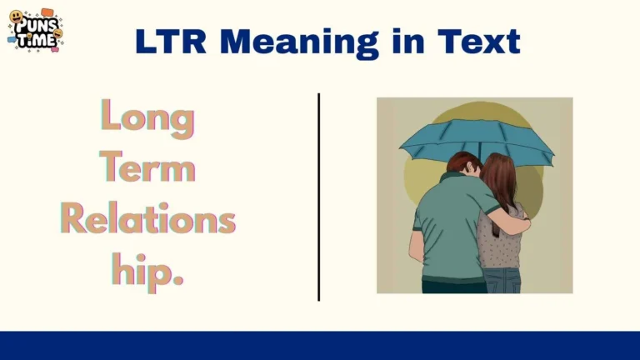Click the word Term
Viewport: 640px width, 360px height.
pyautogui.click(x=147, y=168)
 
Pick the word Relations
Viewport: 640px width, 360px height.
pyautogui.click(x=147, y=218)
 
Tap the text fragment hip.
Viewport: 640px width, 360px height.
pyautogui.click(x=147, y=268)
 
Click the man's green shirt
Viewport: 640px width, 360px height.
pyautogui.click(x=446, y=225)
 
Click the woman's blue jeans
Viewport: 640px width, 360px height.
pyautogui.click(x=504, y=279)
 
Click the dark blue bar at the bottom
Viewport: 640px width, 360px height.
pyautogui.click(x=320, y=345)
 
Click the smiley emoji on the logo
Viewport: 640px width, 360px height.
pyautogui.click(x=16, y=17)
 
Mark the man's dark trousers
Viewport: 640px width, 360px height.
pyautogui.click(x=454, y=287)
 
